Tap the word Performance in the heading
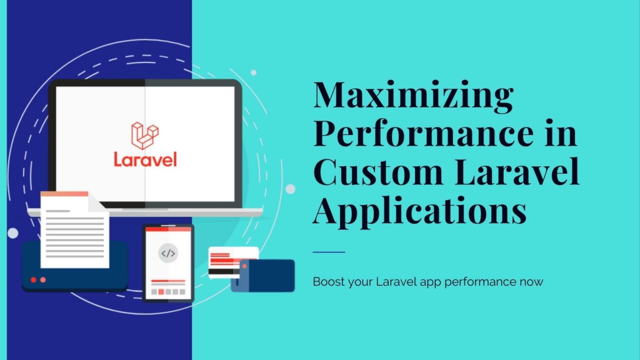click(x=423, y=132)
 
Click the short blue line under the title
click(x=329, y=252)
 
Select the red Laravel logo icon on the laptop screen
click(x=145, y=136)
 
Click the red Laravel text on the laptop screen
click(x=145, y=159)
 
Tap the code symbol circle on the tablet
click(x=168, y=254)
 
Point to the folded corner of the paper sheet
click(x=97, y=202)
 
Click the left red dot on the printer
click(x=34, y=279)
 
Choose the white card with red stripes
click(x=233, y=262)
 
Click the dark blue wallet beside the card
click(x=263, y=276)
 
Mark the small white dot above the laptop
click(x=254, y=72)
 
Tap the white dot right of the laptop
click(x=291, y=189)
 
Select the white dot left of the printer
click(x=13, y=233)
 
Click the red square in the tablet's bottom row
click(x=161, y=292)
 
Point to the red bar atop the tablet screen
click(x=168, y=229)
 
